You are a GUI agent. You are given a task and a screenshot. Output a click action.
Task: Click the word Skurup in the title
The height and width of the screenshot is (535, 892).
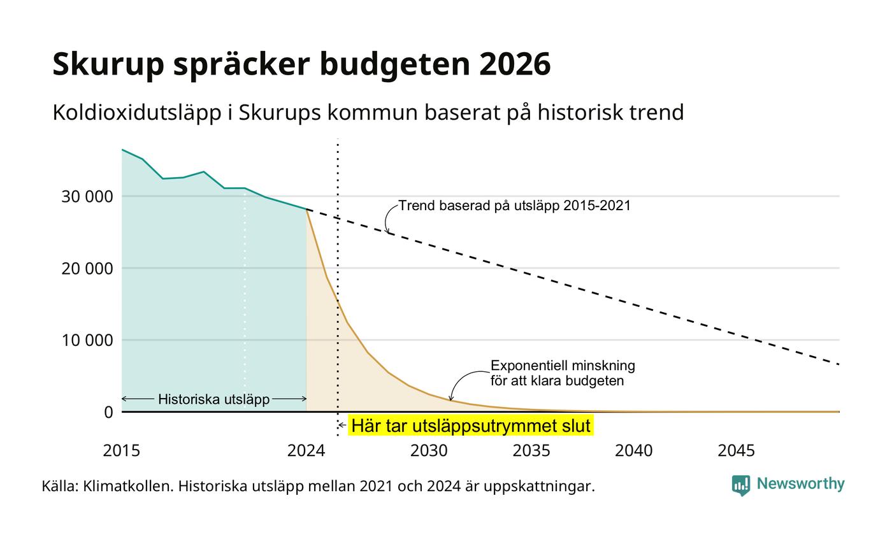tap(108, 64)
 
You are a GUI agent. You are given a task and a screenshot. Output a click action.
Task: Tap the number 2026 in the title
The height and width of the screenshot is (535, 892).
tap(515, 64)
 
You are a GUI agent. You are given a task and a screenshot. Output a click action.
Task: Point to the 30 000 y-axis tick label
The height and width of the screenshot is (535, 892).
tap(87, 197)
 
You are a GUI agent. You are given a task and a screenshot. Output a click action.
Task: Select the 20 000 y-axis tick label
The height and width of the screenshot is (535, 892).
tap(87, 269)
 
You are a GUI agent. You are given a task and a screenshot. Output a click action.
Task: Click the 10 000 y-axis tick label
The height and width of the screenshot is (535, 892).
tap(87, 340)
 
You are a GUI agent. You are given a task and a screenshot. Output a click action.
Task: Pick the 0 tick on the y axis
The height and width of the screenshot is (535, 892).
tap(108, 413)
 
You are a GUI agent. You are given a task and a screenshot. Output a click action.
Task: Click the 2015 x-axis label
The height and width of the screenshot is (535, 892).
tap(122, 451)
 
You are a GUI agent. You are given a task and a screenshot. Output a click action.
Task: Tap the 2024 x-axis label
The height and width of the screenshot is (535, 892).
tap(306, 451)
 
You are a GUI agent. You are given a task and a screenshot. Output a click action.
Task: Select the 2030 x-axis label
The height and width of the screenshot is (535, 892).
tap(429, 451)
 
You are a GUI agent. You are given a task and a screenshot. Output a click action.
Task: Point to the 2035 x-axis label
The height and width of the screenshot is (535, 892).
tap(531, 451)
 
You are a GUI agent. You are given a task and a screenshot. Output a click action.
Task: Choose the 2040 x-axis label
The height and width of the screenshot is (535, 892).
tap(634, 451)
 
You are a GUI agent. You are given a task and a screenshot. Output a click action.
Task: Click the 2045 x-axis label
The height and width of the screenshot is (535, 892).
tap(737, 451)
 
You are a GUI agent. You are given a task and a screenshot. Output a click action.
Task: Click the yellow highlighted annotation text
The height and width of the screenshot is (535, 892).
tap(471, 425)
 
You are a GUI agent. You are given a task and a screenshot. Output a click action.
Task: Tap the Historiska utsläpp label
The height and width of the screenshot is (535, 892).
tap(214, 399)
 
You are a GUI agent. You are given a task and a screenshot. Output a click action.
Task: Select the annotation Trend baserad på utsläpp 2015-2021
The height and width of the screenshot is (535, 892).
tap(515, 206)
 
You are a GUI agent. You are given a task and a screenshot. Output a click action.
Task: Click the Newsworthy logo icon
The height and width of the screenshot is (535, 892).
tap(740, 485)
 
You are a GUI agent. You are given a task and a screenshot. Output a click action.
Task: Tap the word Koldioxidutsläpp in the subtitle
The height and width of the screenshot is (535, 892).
tap(137, 113)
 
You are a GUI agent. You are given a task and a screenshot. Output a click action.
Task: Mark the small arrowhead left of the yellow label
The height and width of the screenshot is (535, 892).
tap(341, 425)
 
